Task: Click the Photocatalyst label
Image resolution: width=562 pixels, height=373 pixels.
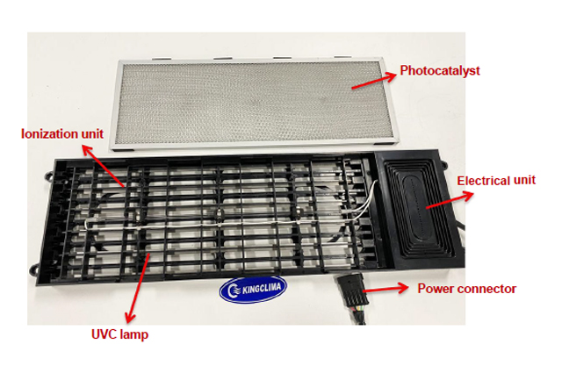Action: coord(440,70)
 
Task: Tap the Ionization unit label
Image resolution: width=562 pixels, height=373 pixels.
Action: coord(62,134)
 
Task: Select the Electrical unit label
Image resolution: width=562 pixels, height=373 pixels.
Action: coord(496,180)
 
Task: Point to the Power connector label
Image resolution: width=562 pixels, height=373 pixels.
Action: coord(467,289)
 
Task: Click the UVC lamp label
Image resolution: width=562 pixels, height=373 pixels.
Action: coord(119,334)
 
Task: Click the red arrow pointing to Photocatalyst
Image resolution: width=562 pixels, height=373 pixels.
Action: coord(374,81)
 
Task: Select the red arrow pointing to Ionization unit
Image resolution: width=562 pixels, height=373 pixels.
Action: coord(104,166)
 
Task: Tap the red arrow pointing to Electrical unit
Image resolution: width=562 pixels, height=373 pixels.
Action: coord(450,200)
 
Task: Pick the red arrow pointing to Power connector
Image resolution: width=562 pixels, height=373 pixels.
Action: coord(385,289)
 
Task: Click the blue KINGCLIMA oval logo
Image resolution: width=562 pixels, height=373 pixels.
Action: coord(253,289)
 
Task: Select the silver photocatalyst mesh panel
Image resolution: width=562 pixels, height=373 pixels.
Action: coord(254,102)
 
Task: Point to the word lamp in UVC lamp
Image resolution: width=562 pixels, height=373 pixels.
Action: coord(134,334)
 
